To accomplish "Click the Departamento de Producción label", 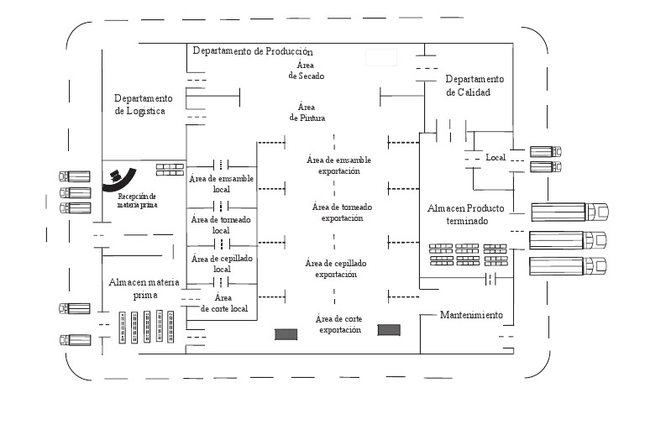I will [252, 51].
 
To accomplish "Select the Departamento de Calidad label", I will [475, 86].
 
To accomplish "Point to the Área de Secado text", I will [306, 70].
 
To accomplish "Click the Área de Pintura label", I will [307, 113].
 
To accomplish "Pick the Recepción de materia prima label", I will [137, 200].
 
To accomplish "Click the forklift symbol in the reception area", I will [116, 177].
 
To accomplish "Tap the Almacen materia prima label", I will [143, 289].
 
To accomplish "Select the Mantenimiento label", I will [471, 316].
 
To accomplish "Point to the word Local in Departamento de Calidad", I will [496, 158].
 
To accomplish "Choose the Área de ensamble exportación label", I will [339, 165].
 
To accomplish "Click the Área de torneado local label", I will [221, 224].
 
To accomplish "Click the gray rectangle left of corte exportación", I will [286, 333].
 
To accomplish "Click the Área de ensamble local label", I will [222, 184].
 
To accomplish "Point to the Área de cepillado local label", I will [222, 264].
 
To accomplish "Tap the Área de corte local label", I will [223, 303].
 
